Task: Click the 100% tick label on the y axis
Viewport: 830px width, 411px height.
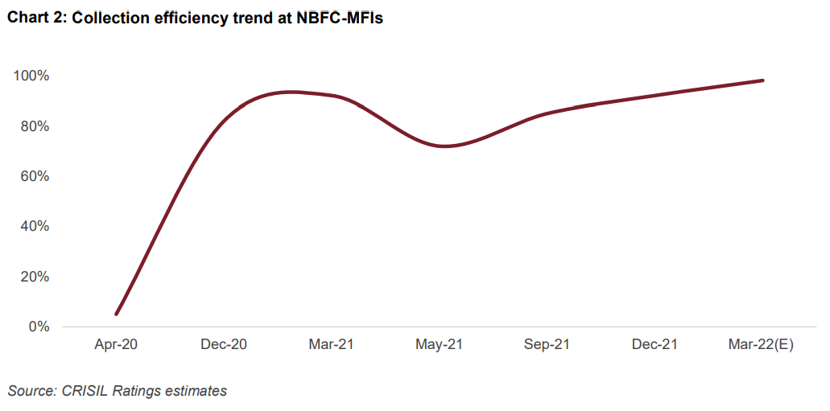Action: point(31,76)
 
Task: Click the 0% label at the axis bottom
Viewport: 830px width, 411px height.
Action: point(38,327)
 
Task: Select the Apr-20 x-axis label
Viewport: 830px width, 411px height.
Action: point(116,345)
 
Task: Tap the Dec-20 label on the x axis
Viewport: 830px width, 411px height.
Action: point(224,345)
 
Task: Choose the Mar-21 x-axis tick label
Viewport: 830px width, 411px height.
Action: point(331,345)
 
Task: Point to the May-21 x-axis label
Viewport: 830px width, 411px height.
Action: point(439,345)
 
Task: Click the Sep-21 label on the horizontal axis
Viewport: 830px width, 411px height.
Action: point(547,345)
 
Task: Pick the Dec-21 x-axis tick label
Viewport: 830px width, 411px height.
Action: point(655,345)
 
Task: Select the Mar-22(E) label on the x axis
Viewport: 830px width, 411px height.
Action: point(762,345)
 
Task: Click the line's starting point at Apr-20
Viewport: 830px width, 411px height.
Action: point(117,314)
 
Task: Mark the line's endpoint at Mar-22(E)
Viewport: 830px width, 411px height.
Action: point(762,80)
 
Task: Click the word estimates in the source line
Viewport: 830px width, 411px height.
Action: point(194,391)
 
